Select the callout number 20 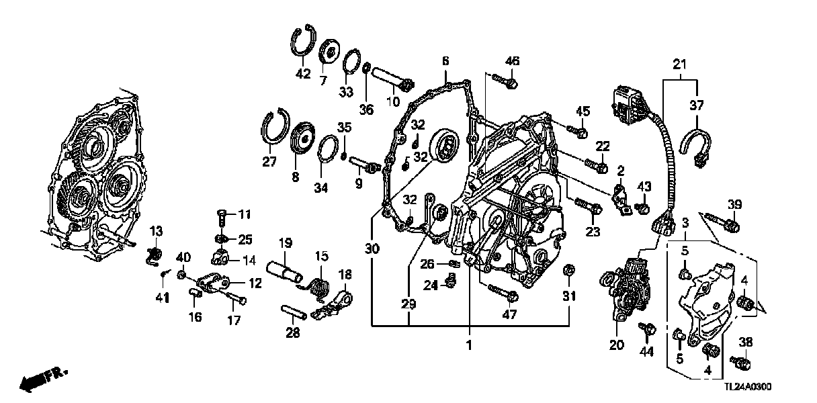coord(616,345)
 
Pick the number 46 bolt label coord(513,61)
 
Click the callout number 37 coord(696,105)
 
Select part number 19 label coord(286,242)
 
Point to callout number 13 coord(156,232)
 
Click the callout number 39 coord(734,204)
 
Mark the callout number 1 coord(469,345)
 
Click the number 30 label coord(372,249)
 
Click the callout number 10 coord(392,102)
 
